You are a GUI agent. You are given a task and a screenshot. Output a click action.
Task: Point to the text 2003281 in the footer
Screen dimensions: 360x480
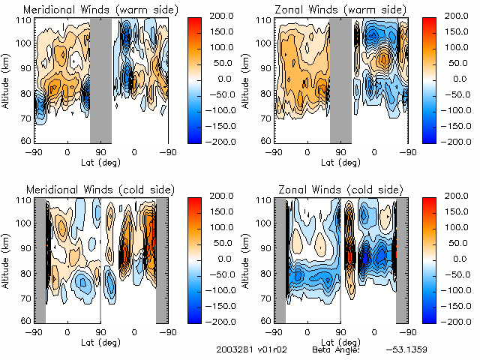[x=232, y=349]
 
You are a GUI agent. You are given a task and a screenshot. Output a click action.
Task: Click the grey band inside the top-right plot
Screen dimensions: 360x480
[x=340, y=79]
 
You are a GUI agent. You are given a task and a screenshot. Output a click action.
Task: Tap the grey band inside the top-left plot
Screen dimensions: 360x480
[x=100, y=79]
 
